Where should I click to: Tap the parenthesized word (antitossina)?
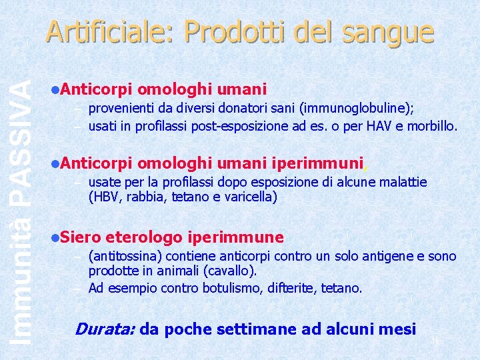[x=125, y=256]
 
